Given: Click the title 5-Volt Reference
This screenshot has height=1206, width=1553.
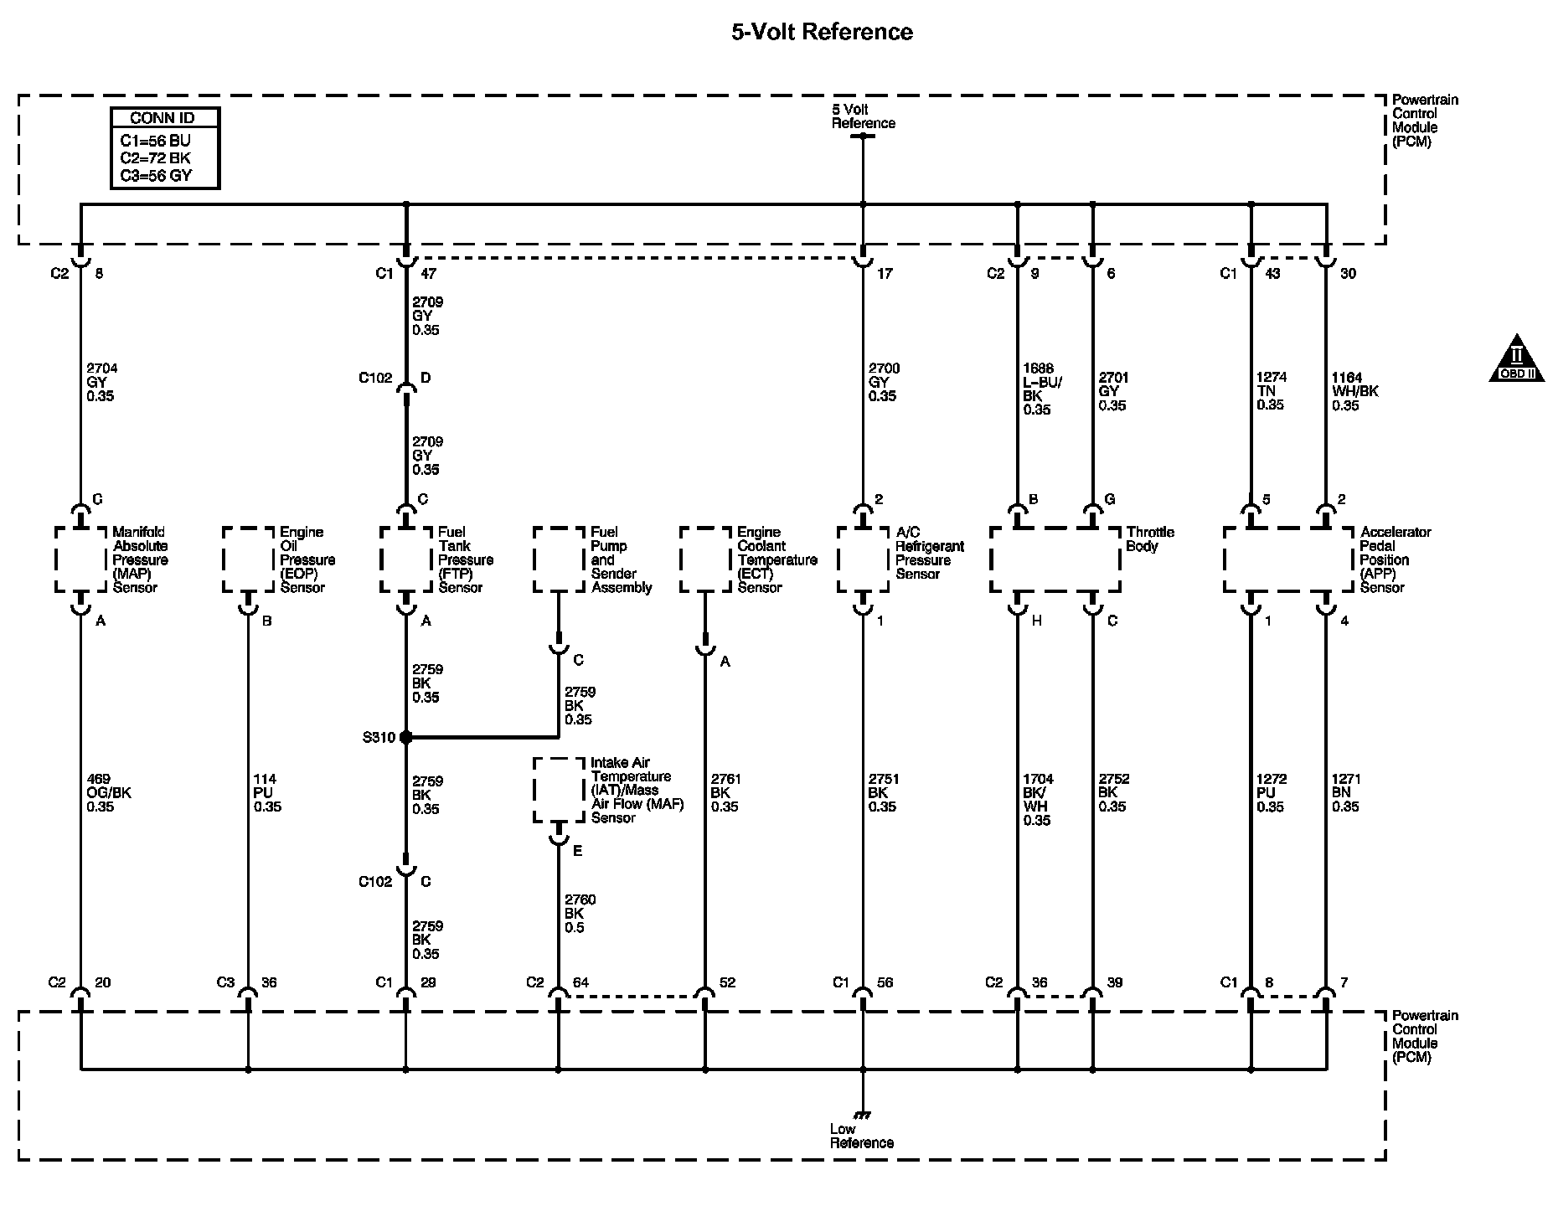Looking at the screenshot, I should pos(822,33).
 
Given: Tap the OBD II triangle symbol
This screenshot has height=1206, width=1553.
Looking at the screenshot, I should pos(1516,360).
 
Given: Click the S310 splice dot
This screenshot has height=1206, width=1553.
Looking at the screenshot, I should pos(406,738).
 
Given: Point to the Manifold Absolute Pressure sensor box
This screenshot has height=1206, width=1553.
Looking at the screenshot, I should pos(80,559).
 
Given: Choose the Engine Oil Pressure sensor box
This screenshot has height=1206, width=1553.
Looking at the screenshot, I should pos(248,559).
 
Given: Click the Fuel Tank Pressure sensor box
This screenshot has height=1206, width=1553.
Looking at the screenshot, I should pos(406,559).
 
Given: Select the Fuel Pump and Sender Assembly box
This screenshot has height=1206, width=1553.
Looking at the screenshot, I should pos(559,559).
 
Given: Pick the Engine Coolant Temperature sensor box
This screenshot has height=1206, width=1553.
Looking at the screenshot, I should pos(705,559).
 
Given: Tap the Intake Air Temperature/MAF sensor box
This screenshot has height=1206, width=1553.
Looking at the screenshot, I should pos(559,790).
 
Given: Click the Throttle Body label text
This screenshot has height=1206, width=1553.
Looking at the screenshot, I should pos(1150,539).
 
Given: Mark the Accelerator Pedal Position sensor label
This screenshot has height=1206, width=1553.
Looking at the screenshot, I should pos(1395,559).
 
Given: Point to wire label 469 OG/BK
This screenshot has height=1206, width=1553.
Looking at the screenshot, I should pos(109,793).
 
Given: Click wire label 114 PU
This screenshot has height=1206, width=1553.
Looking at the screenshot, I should pos(266,793).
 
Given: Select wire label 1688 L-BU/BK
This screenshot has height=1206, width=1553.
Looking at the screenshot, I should pos(1040,389).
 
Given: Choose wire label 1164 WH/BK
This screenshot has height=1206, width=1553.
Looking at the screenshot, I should pos(1354,391).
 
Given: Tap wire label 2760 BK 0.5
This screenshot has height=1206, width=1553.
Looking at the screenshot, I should pos(580,914).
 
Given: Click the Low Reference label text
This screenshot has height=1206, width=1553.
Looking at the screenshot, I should pos(861,1136).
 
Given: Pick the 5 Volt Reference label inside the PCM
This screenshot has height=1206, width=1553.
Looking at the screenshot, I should pos(863,116).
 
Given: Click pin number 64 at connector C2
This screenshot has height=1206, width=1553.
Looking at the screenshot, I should pos(580,982).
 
